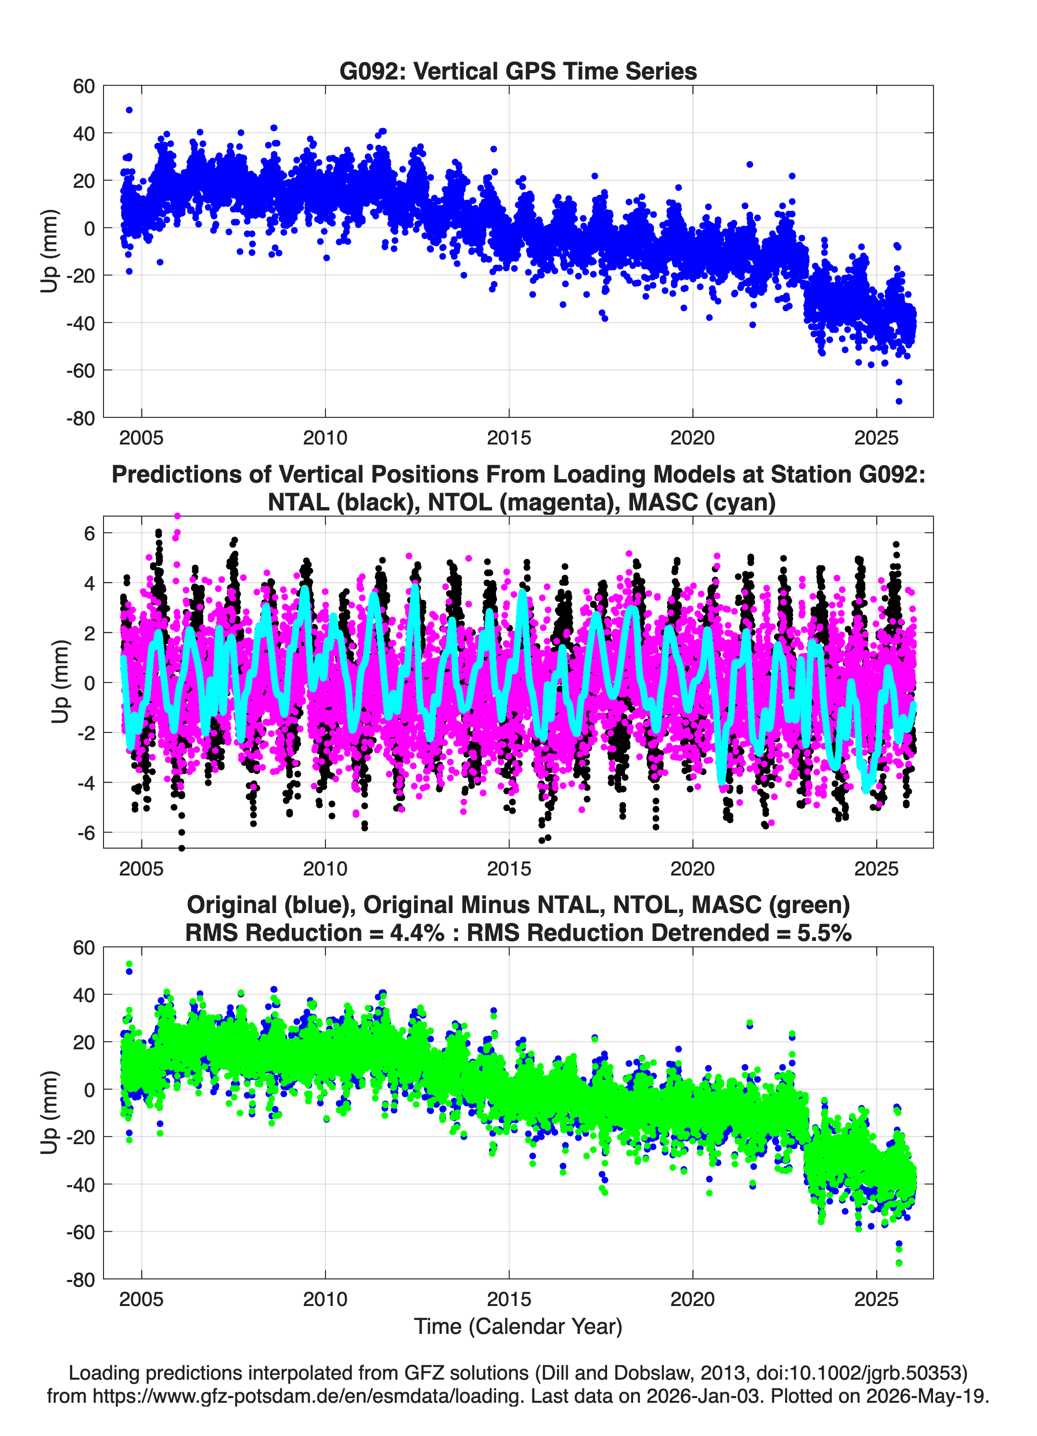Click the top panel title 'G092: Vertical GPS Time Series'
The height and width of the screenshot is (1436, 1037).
[518, 71]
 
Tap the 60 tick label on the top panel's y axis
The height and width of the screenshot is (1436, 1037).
[84, 86]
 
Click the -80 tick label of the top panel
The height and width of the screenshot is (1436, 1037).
[80, 418]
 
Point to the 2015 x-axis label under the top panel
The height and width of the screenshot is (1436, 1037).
[509, 438]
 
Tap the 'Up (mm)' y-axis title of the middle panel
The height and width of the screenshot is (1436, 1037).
[60, 681]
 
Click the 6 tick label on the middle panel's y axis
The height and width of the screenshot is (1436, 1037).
[89, 533]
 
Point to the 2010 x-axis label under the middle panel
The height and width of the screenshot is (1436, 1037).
[325, 868]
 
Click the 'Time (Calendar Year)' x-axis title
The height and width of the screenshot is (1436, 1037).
[518, 1326]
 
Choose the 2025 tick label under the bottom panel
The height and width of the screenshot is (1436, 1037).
[876, 1299]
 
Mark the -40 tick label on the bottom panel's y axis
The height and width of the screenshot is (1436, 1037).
[80, 1184]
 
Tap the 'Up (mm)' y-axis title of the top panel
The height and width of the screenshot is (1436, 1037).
[50, 251]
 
